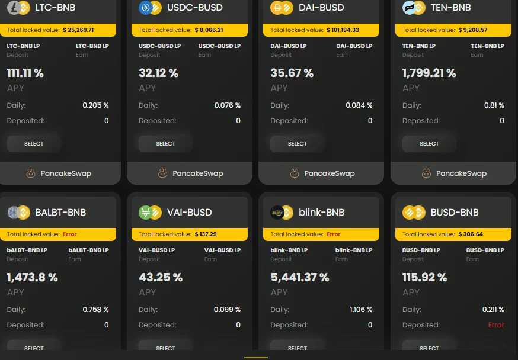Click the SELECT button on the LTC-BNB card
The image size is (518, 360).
34,143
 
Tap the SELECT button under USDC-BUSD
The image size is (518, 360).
165,143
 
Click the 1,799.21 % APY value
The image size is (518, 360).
429,73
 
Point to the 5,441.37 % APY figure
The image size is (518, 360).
300,277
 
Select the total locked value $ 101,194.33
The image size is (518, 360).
343,30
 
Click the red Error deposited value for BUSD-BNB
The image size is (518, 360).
496,325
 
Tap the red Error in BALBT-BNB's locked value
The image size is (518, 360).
70,234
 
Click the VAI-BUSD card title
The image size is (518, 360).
189,212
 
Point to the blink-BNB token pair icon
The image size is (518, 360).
282,213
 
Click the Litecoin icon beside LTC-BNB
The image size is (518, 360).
14,8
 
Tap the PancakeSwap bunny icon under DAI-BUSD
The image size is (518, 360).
295,173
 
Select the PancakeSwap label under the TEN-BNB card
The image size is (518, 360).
461,173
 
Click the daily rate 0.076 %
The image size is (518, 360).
227,105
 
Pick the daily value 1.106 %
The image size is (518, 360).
361,310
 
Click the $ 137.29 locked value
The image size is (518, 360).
206,234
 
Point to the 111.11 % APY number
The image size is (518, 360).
25,73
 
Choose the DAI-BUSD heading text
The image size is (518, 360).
321,8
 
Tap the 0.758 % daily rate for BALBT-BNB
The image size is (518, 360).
95,310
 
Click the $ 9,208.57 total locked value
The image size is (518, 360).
473,30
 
